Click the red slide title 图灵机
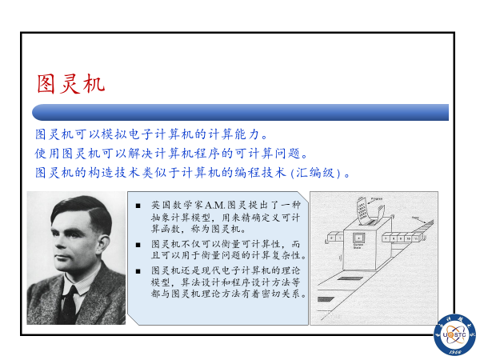(x=70, y=82)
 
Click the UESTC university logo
(x=452, y=334)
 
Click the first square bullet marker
(x=139, y=206)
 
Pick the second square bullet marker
(x=139, y=243)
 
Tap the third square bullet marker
(x=139, y=270)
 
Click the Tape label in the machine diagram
(x=415, y=216)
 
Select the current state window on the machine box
(x=359, y=238)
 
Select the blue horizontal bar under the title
(x=240, y=112)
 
